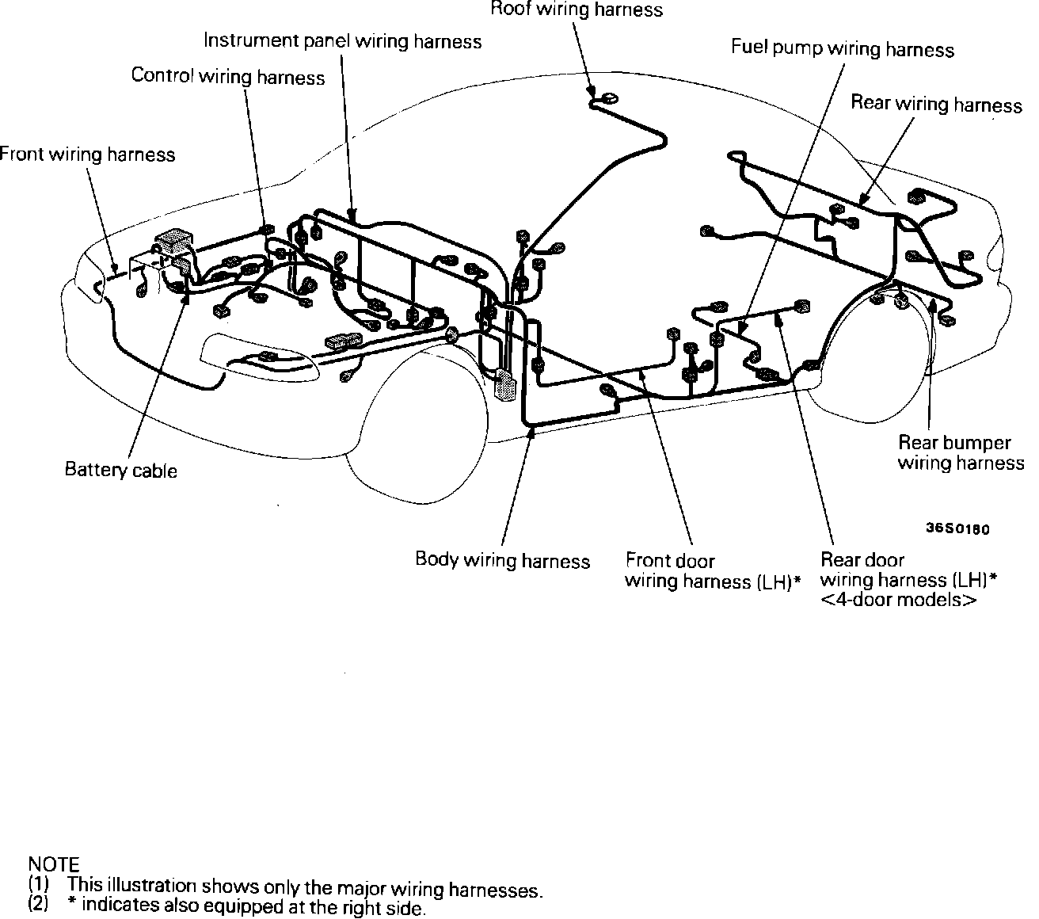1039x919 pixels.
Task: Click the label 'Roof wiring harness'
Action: (576, 10)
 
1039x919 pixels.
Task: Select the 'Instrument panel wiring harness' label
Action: (342, 41)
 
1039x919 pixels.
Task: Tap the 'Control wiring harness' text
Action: (228, 77)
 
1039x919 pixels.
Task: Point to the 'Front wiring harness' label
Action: (87, 154)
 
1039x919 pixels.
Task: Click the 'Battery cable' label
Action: (120, 471)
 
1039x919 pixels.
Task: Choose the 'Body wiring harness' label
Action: (502, 561)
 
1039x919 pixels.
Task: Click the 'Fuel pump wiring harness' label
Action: (842, 49)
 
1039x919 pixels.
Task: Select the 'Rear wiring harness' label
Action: (936, 105)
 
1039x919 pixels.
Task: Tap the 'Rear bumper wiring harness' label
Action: (960, 453)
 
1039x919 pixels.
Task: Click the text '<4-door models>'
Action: (898, 600)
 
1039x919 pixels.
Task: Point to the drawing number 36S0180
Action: (957, 529)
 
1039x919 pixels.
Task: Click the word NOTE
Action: (53, 864)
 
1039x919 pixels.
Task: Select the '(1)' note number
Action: (39, 884)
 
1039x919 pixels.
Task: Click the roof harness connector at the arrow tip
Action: (607, 98)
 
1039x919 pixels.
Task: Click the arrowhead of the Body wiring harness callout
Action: (531, 431)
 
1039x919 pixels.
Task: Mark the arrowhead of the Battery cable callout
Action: (185, 299)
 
